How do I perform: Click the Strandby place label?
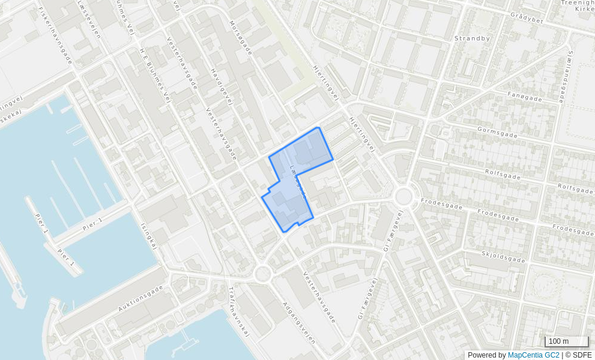click(472, 38)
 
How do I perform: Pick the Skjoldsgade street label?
click(503, 257)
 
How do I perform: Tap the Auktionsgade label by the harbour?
click(140, 298)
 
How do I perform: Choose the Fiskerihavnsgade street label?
click(55, 35)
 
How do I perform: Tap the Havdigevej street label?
click(221, 86)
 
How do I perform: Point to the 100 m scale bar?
click(566, 341)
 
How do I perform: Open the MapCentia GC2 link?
click(533, 355)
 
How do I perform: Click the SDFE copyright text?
click(578, 355)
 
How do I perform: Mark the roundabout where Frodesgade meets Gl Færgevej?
click(403, 196)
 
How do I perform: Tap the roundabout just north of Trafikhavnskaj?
click(262, 274)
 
